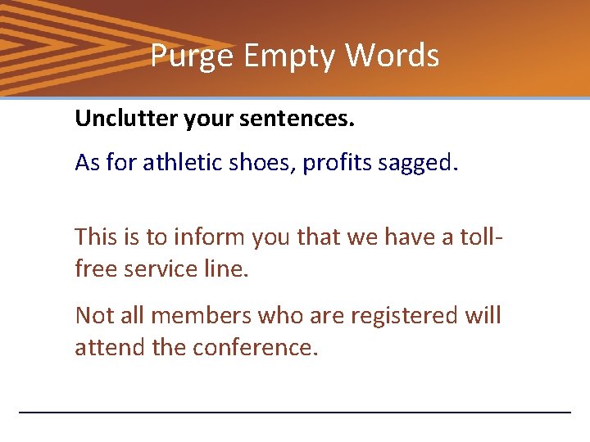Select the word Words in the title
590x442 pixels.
coord(392,56)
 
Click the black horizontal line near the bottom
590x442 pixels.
coord(295,412)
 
